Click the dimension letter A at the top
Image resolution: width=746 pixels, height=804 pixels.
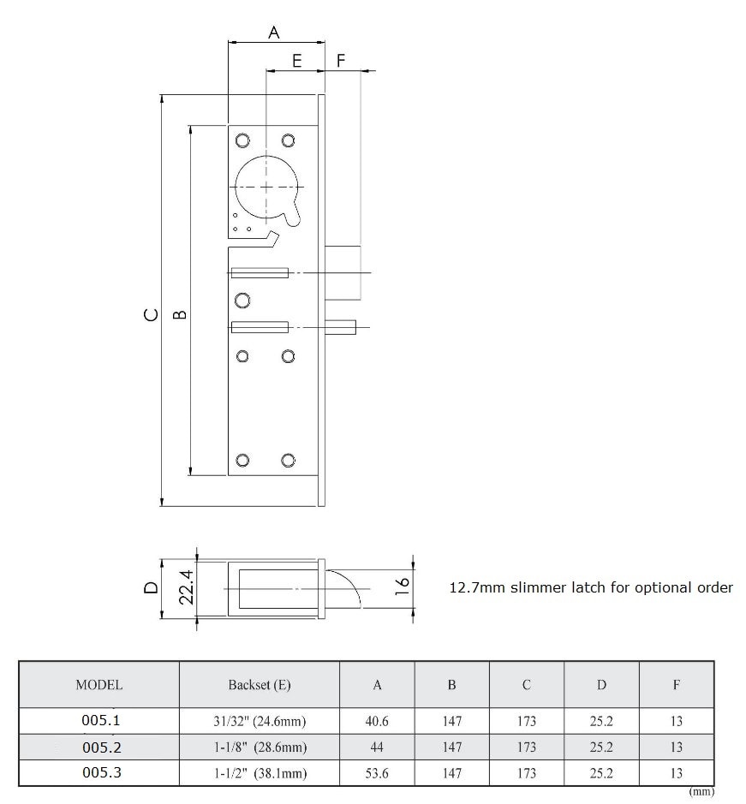point(274,33)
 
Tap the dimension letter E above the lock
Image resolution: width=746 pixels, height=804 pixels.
point(296,61)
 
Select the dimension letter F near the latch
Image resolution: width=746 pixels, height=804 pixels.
point(341,61)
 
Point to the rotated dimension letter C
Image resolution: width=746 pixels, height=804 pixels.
point(151,314)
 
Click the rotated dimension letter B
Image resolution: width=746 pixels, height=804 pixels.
point(180,314)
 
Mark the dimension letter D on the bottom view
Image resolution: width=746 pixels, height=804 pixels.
point(151,587)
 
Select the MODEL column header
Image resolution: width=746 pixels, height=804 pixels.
point(98,685)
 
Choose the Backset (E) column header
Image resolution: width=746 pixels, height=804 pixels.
point(259,685)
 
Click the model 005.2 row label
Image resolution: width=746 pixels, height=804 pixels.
point(101,747)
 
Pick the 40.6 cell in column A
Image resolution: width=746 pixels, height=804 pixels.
point(377,722)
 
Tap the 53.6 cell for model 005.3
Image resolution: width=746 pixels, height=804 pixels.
point(377,773)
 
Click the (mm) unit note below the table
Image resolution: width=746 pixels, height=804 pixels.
point(701,792)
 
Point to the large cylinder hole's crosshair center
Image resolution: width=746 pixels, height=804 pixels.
point(267,187)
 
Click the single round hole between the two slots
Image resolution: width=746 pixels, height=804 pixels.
point(242,300)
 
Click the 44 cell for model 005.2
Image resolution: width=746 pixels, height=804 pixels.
point(377,747)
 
